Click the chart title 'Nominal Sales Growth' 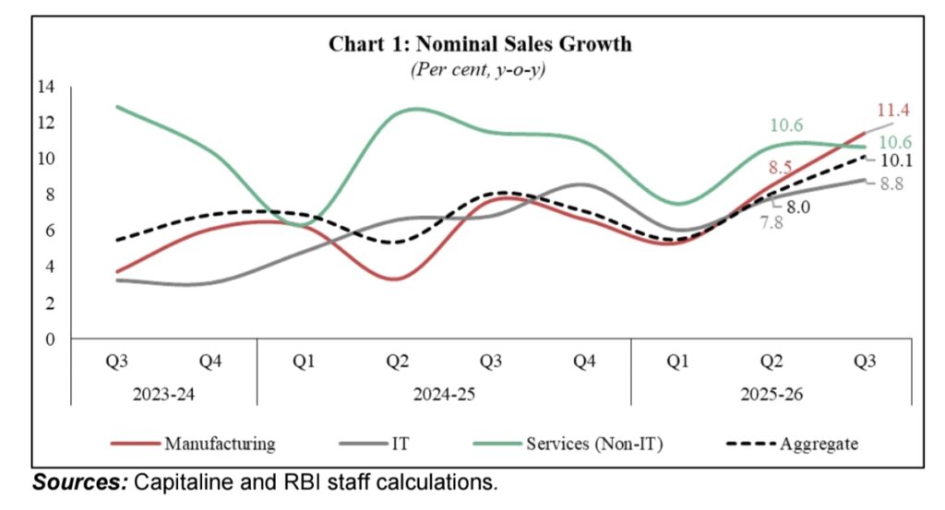[480, 44]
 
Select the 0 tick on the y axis [51, 338]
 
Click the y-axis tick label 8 [51, 195]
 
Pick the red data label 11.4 [891, 110]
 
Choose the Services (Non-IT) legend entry [594, 444]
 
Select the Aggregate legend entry [819, 444]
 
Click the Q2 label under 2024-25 [398, 362]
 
